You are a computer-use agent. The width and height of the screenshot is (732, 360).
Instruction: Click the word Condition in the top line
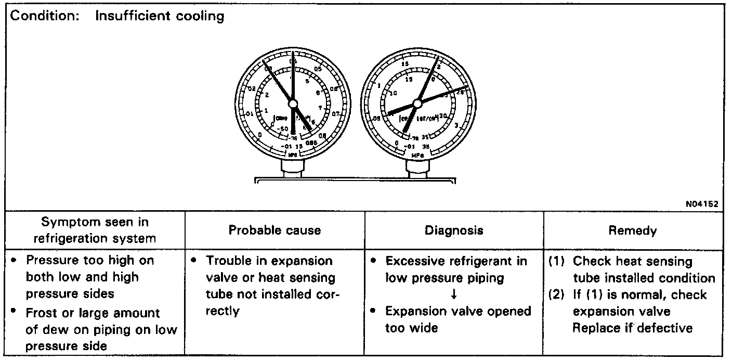coord(43,16)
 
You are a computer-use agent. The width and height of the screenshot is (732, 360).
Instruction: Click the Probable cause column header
coord(274,230)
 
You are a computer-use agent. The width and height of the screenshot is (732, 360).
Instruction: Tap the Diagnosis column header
coord(454,230)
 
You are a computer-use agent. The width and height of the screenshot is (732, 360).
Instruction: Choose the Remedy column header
coord(632,230)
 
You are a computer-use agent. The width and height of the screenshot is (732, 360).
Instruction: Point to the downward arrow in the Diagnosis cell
coord(454,294)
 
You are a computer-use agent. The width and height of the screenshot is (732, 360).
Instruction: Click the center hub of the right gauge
coord(417,102)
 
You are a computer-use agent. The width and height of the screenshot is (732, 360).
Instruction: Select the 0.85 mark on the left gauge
coord(311,143)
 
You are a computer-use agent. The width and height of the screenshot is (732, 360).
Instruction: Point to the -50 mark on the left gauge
coord(282,128)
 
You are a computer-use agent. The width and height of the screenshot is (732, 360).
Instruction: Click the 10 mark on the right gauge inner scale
coord(393,93)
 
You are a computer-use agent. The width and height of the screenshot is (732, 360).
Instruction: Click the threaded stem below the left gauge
coord(292,168)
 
